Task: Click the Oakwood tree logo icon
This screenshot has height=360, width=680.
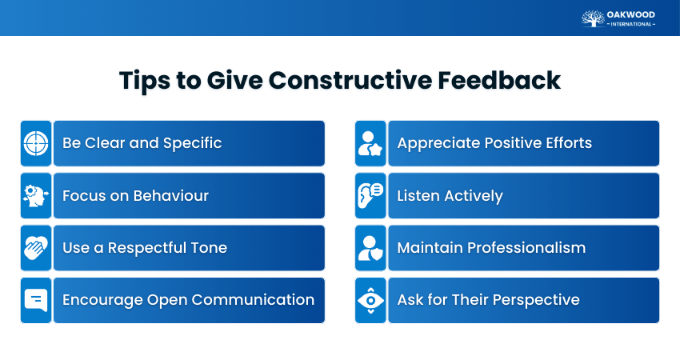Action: pyautogui.click(x=592, y=18)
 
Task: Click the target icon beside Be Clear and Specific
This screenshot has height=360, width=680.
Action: pyautogui.click(x=36, y=143)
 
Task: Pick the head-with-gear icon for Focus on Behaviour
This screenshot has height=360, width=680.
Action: pyautogui.click(x=36, y=196)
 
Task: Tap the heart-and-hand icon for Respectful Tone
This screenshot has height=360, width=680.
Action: pyautogui.click(x=36, y=248)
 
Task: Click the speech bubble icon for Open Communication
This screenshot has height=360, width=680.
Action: pyautogui.click(x=36, y=300)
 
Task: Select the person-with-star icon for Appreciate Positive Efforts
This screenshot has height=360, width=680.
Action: pyautogui.click(x=370, y=143)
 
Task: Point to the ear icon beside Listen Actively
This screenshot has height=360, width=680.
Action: pyautogui.click(x=370, y=196)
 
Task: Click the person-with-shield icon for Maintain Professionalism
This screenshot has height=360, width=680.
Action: pyautogui.click(x=370, y=248)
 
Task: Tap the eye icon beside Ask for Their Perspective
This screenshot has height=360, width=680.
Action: pyautogui.click(x=370, y=300)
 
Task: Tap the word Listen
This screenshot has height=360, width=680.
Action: pyautogui.click(x=418, y=196)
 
